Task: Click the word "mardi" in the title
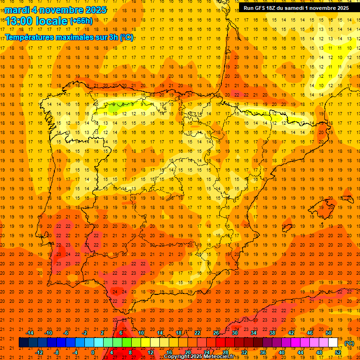[17, 10]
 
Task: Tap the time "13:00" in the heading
[22, 21]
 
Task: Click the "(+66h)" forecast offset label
[81, 21]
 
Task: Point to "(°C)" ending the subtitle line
[126, 37]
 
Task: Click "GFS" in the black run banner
[262, 8]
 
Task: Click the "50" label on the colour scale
[329, 333]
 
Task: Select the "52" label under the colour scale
[338, 352]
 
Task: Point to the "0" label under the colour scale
[93, 352]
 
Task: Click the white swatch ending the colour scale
[333, 343]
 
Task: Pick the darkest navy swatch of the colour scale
[23, 343]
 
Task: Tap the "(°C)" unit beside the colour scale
[349, 343]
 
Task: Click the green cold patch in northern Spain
[114, 107]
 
